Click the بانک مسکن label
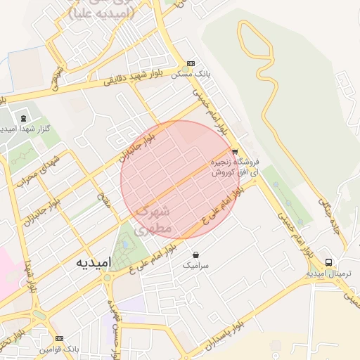coord(193,73)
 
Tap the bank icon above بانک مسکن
coord(192,63)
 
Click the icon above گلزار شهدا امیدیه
coord(23,118)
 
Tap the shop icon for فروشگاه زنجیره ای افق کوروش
coord(234,151)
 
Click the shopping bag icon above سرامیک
coord(195,255)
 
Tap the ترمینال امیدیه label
coord(326,273)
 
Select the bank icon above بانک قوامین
coord(59,338)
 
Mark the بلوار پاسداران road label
coord(228,334)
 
